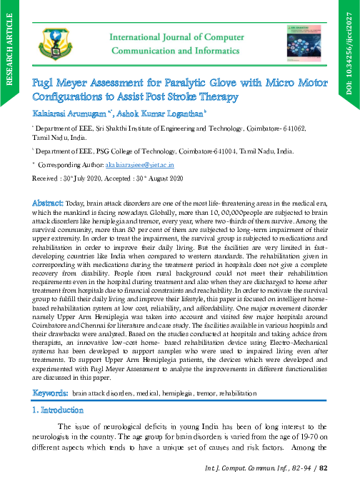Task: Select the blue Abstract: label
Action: (x=51, y=203)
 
